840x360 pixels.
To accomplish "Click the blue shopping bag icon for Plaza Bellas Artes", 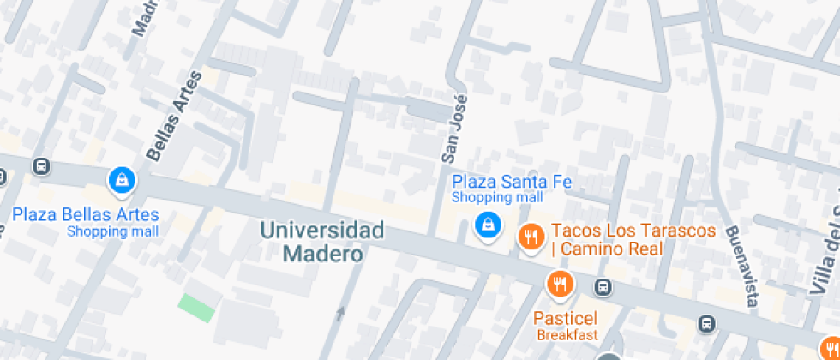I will [123, 180].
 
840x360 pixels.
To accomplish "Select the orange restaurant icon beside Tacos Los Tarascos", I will [531, 236].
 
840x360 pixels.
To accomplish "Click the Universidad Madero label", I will [322, 242].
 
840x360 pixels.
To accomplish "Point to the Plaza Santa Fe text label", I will [512, 182].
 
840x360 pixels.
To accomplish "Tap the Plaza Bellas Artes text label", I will [85, 214].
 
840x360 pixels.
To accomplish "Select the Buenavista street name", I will [741, 266].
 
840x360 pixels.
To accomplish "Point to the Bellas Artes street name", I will [174, 116].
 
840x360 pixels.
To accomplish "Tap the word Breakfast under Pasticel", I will [567, 334].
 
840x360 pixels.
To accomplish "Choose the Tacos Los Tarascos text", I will [633, 231].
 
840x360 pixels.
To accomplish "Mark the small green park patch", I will [197, 306].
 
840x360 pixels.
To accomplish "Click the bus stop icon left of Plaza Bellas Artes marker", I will [40, 165].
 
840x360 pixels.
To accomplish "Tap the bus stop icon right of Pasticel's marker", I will [603, 287].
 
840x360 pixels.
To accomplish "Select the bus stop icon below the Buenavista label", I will [706, 323].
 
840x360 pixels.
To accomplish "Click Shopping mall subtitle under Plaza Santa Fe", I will [498, 198].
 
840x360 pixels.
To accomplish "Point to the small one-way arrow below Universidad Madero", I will [341, 313].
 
